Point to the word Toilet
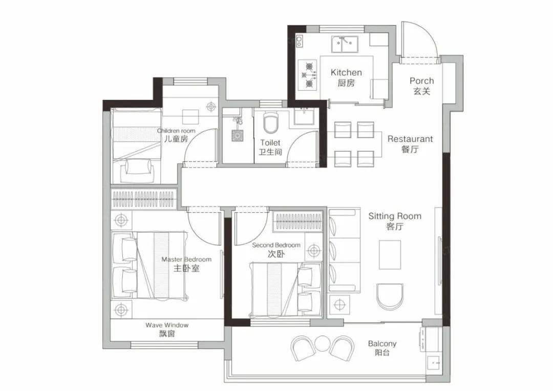[270, 142]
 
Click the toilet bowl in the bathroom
[271, 122]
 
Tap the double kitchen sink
[345, 44]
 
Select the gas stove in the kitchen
[307, 74]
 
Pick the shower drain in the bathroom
[238, 136]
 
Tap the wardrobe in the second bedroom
[299, 221]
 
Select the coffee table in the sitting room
[390, 255]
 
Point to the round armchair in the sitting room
[390, 296]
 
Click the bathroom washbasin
[304, 116]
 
